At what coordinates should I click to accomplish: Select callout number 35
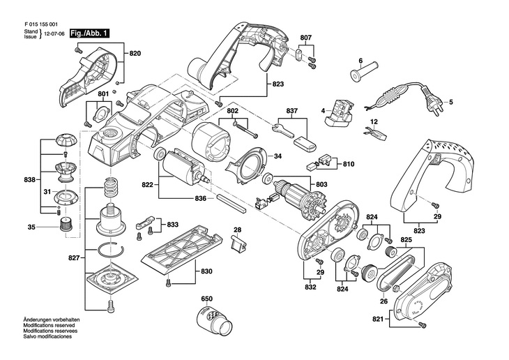tap(31, 227)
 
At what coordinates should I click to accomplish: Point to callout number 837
tap(292, 110)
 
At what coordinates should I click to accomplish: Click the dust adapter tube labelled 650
tap(214, 322)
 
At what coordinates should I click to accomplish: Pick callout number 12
tap(373, 122)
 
